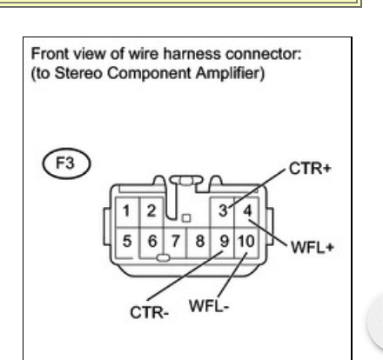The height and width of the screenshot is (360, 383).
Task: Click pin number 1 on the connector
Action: pos(126,211)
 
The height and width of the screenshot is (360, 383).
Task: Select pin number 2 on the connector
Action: pos(151,210)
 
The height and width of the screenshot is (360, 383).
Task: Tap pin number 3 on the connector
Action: pos(223,210)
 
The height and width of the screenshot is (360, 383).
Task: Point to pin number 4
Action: pos(247,210)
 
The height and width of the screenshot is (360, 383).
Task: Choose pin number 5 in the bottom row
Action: pos(127,241)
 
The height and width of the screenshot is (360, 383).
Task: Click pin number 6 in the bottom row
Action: pos(152,241)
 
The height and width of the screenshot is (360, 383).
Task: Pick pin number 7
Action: pos(175,241)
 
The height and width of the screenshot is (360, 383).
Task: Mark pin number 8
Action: pos(199,241)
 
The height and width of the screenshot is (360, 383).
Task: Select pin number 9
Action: pos(224,241)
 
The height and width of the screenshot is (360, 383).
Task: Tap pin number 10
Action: pos(246,241)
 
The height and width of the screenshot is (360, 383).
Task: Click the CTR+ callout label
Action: pos(310,169)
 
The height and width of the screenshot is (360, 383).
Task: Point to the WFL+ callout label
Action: pos(312,248)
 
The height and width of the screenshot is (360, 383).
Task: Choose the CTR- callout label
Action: pos(150,313)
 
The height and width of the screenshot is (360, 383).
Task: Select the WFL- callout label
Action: pos(209,306)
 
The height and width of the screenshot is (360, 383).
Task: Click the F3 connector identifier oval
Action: pos(66,163)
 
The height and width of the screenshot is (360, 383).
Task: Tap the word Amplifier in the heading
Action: pos(230,73)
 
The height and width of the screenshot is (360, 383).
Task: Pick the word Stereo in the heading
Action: pos(78,73)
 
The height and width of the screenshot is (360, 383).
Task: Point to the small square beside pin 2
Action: pos(186,218)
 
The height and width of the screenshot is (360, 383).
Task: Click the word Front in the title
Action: pos(50,54)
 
